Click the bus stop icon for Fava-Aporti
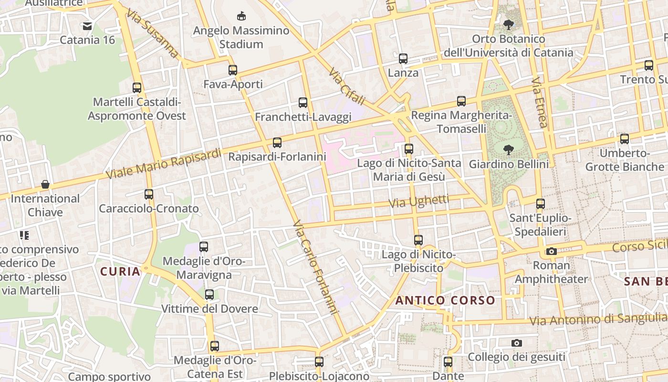coord(233,70)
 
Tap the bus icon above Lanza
coord(403,59)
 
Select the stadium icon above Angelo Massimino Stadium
coord(241,16)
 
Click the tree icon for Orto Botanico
coord(509,24)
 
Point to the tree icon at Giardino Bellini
coord(509,149)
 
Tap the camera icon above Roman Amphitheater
coord(552,251)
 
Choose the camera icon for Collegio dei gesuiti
coord(516,343)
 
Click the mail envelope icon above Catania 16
coord(87,26)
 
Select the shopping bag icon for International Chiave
coord(45,184)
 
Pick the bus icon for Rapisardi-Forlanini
coord(277,142)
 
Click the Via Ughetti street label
coord(419,202)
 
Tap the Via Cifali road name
coord(347,86)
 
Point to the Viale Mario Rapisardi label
coord(164,164)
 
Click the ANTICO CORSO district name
coord(445,300)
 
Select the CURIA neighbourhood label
coord(120,272)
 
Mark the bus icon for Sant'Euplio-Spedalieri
coord(540,204)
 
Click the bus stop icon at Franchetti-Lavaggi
coord(303,102)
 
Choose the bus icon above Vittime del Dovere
coord(209,295)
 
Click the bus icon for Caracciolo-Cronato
coord(149,194)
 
